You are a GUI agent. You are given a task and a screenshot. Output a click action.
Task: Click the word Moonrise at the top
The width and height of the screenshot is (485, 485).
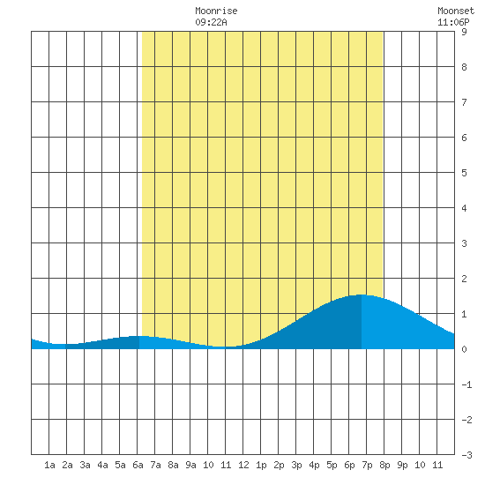tap(216, 11)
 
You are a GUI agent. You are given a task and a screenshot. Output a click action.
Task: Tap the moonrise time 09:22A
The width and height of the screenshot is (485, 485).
tap(211, 22)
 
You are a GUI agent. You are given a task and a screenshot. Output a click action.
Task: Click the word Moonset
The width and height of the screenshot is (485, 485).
tap(456, 11)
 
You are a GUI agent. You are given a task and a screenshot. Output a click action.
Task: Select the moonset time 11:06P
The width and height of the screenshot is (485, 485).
tap(453, 22)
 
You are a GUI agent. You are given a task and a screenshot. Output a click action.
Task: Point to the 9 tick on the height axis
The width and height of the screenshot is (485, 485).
tap(464, 32)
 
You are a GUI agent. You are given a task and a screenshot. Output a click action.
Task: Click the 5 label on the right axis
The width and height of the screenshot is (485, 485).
tap(464, 173)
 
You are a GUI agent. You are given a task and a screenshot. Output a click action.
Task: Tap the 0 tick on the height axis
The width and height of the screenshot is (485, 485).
tap(464, 349)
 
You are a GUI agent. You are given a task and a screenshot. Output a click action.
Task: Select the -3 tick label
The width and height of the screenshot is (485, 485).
tap(466, 455)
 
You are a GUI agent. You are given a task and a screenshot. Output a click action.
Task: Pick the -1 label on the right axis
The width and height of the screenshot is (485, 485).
tap(466, 384)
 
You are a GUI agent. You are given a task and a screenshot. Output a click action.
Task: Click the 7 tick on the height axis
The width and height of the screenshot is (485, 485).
tap(464, 102)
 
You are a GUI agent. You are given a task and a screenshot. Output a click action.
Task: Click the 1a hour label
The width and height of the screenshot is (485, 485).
tap(49, 465)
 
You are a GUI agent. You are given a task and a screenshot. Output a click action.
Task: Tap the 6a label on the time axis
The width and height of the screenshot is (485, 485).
tap(138, 465)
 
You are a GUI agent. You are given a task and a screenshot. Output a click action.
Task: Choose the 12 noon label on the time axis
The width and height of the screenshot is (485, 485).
tap(243, 465)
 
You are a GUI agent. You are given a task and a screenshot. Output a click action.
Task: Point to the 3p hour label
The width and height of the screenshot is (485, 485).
tap(296, 465)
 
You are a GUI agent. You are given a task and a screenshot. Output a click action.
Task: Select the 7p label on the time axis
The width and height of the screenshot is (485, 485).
tap(367, 465)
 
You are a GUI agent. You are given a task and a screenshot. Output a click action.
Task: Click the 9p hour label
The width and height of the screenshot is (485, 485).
tap(402, 465)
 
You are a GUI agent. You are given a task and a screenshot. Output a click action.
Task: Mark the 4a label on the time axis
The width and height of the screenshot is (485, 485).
tap(102, 465)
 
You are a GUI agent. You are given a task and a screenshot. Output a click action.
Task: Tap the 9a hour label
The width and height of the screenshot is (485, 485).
tap(190, 465)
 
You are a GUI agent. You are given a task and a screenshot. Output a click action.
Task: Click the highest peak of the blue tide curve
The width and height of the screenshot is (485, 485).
tap(362, 295)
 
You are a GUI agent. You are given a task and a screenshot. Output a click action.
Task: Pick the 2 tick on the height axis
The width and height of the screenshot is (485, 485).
tap(464, 279)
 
